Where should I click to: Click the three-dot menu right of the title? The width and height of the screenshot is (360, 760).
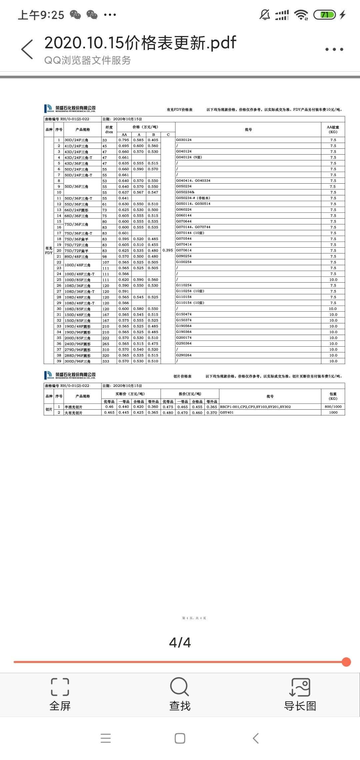pyautogui.click(x=334, y=49)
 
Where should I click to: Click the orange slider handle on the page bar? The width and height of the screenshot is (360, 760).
pyautogui.click(x=346, y=662)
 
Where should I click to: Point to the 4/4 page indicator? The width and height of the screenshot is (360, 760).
pyautogui.click(x=180, y=642)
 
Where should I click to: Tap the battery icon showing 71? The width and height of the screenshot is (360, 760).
pyautogui.click(x=324, y=15)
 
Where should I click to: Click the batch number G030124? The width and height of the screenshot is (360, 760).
pyautogui.click(x=184, y=140)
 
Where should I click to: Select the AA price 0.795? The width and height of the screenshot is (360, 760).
pyautogui.click(x=124, y=140)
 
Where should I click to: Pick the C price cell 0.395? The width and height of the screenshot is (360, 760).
pyautogui.click(x=168, y=250)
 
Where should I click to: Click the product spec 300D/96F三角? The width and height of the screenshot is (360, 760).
pyautogui.click(x=77, y=361)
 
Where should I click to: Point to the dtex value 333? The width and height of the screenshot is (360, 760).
pyautogui.click(x=106, y=361)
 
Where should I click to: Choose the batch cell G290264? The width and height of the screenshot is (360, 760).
pyautogui.click(x=184, y=355)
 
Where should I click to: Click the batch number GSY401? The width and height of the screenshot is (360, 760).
pyautogui.click(x=227, y=413)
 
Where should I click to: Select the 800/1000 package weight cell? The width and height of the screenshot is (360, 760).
pyautogui.click(x=333, y=407)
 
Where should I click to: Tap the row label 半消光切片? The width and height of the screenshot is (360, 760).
pyautogui.click(x=73, y=407)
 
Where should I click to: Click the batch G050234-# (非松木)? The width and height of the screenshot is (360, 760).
pyautogui.click(x=193, y=198)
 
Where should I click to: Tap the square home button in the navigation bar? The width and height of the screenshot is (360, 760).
pyautogui.click(x=180, y=738)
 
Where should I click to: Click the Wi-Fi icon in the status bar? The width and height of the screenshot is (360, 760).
pyautogui.click(x=301, y=15)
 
